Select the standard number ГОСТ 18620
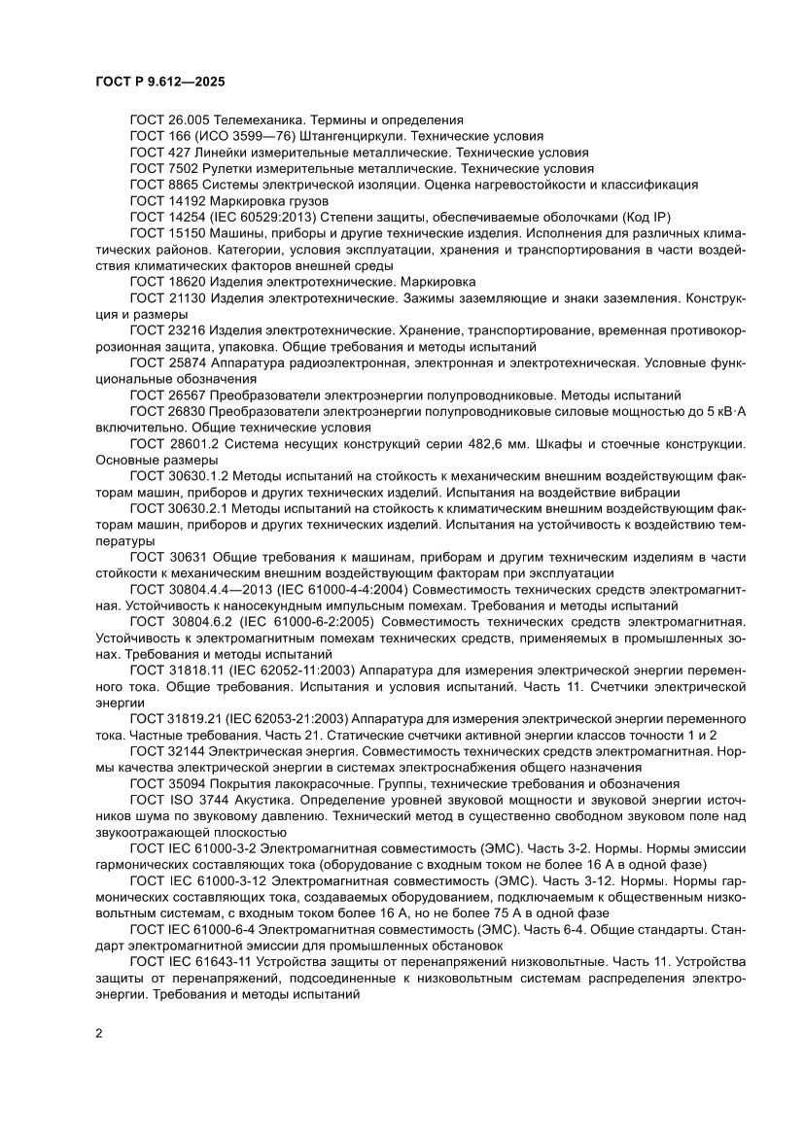point(166,280)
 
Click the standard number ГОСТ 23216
point(166,327)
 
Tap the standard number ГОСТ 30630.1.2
point(177,474)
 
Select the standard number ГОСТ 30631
point(166,554)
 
